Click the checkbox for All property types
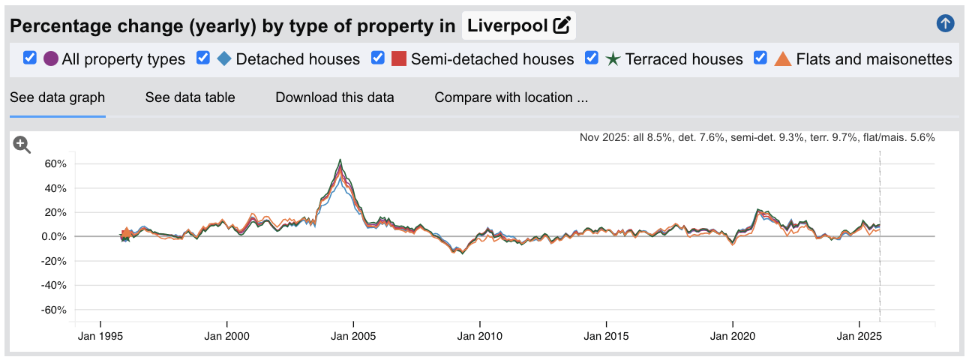pyautogui.click(x=30, y=58)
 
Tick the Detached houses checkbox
pyautogui.click(x=202, y=58)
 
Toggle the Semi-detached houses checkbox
pyautogui.click(x=378, y=58)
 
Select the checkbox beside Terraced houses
pyautogui.click(x=592, y=58)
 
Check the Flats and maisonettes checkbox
pyautogui.click(x=760, y=58)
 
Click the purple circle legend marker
pyautogui.click(x=51, y=58)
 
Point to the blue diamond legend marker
pyautogui.click(x=223, y=58)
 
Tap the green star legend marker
pyautogui.click(x=613, y=58)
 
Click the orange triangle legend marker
pyautogui.click(x=782, y=58)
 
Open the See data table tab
pyautogui.click(x=190, y=97)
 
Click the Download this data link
pyautogui.click(x=334, y=97)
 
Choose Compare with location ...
pyautogui.click(x=511, y=97)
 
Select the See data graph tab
pyautogui.click(x=57, y=97)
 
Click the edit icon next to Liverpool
pyautogui.click(x=561, y=26)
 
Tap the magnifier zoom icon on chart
pyautogui.click(x=22, y=145)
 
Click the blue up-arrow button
pyautogui.click(x=945, y=23)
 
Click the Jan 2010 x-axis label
pyautogui.click(x=479, y=337)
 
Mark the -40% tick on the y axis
pyautogui.click(x=55, y=286)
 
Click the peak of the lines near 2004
pyautogui.click(x=340, y=160)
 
